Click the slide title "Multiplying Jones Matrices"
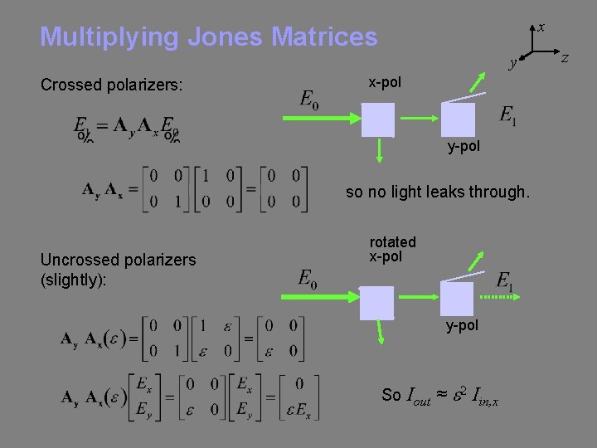pyautogui.click(x=208, y=37)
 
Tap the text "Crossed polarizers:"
pyautogui.click(x=111, y=85)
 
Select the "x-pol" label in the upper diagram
pyautogui.click(x=385, y=82)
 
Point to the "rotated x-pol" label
pyautogui.click(x=392, y=249)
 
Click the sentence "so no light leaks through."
pyautogui.click(x=437, y=192)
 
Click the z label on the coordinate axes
pyautogui.click(x=565, y=56)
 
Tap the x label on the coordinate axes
pyautogui.click(x=541, y=27)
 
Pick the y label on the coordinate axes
pyautogui.click(x=513, y=62)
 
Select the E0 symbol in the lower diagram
pyautogui.click(x=308, y=279)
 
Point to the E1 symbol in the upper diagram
pyautogui.click(x=508, y=115)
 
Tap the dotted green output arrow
pyautogui.click(x=497, y=296)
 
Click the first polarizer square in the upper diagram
pyautogui.click(x=378, y=119)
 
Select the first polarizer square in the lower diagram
pyautogui.click(x=377, y=302)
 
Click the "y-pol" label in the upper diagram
pyautogui.click(x=463, y=147)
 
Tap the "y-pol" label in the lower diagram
pyautogui.click(x=462, y=326)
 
